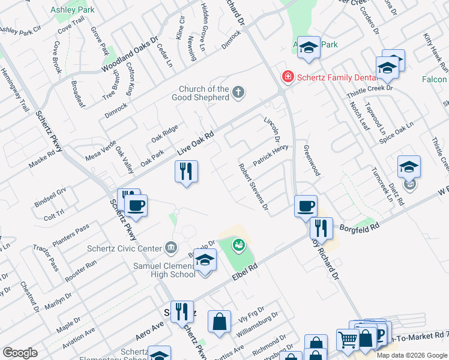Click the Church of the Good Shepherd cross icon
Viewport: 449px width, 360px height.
(238, 92)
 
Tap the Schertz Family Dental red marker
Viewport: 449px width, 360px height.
(288, 76)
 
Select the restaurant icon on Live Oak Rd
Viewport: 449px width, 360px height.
(186, 172)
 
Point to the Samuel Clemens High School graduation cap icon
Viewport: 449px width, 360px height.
(205, 260)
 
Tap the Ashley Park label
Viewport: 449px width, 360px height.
(73, 10)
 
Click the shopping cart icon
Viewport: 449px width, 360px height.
(348, 340)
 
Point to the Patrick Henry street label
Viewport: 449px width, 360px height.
(271, 155)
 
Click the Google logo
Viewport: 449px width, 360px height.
(20, 353)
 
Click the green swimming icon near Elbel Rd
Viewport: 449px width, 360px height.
(239, 245)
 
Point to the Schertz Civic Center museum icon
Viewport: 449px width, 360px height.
(170, 248)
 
